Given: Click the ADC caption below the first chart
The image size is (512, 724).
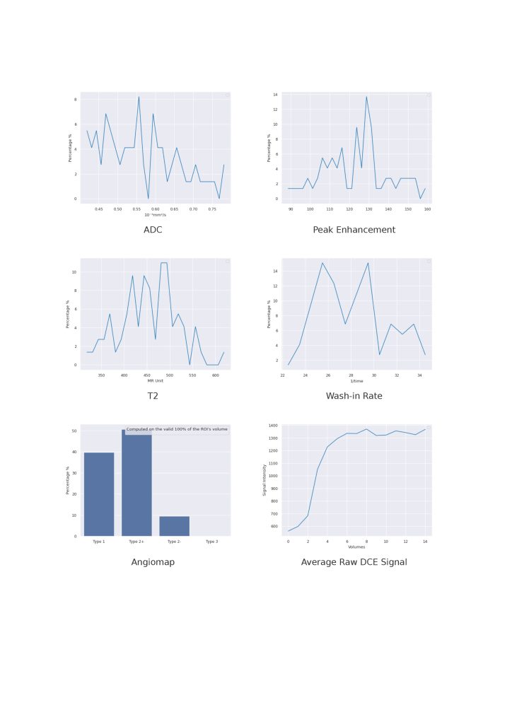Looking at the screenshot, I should [153, 230].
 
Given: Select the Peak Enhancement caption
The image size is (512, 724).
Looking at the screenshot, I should [354, 230].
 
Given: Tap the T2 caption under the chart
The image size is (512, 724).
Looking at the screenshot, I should [153, 396].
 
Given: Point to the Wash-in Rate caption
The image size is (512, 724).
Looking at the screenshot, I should [354, 396].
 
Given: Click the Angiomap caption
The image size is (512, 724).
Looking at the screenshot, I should [153, 562].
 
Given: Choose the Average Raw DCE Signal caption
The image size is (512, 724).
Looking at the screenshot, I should [354, 562].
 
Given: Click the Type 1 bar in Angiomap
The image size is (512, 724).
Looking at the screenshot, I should [99, 495].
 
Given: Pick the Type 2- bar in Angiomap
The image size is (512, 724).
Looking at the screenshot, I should [174, 526].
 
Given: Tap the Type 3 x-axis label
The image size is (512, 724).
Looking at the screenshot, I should [211, 542].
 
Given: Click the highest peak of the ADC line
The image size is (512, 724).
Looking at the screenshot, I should [139, 97].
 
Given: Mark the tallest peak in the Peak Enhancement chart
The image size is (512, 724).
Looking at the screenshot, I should [366, 97].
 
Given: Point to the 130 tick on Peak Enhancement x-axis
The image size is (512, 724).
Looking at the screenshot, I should [369, 209].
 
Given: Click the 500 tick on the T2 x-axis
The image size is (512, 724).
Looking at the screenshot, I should [169, 375].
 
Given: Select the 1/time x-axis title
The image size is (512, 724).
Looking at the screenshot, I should [356, 381].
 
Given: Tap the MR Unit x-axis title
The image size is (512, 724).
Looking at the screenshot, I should [155, 381].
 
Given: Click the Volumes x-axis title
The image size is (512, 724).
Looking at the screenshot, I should [356, 547].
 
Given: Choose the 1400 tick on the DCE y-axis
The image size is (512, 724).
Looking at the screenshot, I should [273, 426].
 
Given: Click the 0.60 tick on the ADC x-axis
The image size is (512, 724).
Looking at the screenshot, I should [156, 209].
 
